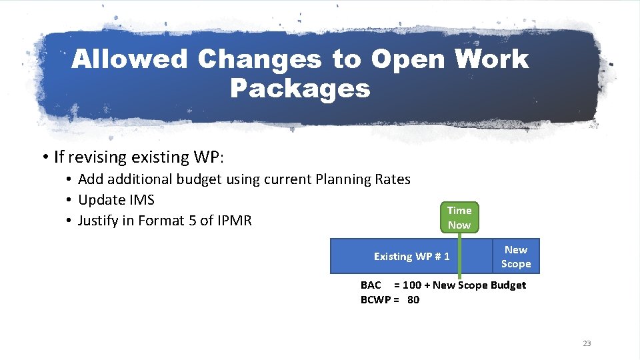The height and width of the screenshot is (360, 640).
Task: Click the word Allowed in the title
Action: point(130,59)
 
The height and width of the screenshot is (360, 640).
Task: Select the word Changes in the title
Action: point(259,59)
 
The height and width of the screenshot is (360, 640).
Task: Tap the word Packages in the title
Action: point(300,88)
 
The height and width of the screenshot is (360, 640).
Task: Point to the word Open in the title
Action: point(409,59)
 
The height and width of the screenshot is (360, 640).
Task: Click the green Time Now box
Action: point(459,217)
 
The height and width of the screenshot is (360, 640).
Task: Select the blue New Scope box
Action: point(516,257)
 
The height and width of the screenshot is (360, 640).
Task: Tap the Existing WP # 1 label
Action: point(411,257)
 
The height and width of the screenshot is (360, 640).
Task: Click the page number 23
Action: point(587,343)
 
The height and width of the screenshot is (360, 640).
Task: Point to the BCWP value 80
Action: point(413,300)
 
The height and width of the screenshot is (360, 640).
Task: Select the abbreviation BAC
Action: point(371,285)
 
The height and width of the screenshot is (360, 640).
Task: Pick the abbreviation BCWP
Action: point(375,300)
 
